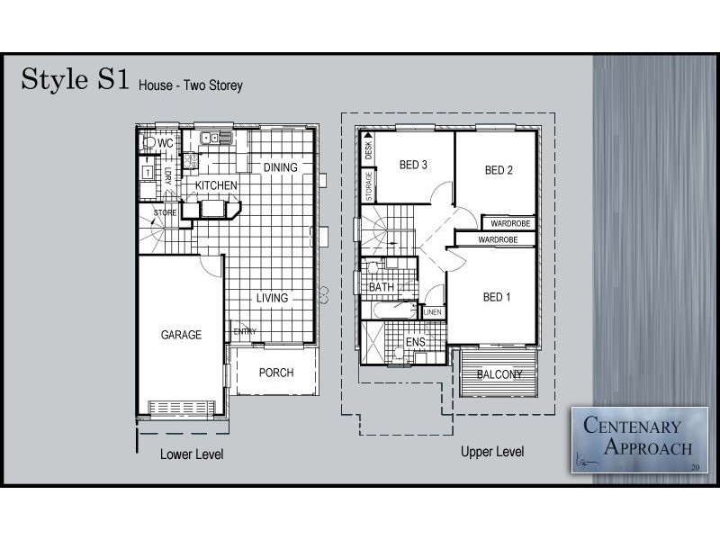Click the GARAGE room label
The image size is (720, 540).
[181, 335]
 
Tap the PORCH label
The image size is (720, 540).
[276, 373]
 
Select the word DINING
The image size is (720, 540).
[280, 167]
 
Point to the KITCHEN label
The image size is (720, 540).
[216, 185]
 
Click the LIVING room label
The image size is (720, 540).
[273, 298]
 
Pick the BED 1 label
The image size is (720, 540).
[497, 297]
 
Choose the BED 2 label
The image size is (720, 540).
[499, 170]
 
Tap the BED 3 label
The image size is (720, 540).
[413, 165]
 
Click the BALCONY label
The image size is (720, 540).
[499, 374]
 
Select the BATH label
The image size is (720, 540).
[382, 287]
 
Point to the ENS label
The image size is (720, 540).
[415, 342]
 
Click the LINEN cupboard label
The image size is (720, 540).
[433, 312]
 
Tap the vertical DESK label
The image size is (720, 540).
[368, 150]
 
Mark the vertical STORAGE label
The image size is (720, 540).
[369, 186]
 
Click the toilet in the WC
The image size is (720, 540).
[148, 142]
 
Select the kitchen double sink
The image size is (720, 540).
[216, 138]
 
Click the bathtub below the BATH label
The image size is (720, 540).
[395, 310]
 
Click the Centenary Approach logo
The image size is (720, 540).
[640, 439]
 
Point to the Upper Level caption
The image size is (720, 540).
[492, 452]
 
